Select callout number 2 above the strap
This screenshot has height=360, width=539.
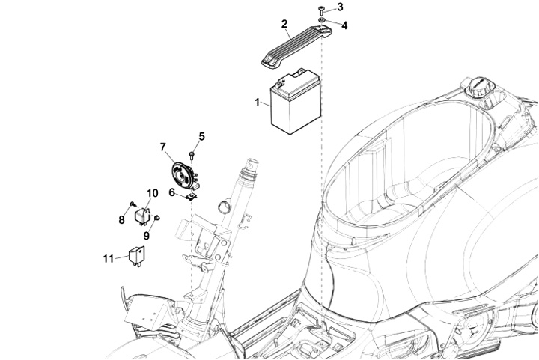[x=284, y=25]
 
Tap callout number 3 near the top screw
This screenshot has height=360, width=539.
[x=340, y=7]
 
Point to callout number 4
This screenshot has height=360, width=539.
[x=344, y=25]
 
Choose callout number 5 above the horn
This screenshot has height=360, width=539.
[x=201, y=136]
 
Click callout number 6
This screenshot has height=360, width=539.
[x=171, y=192]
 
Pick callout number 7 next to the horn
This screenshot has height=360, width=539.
[x=163, y=147]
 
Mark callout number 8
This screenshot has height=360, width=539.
[x=121, y=219]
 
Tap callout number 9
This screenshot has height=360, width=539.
[x=147, y=235]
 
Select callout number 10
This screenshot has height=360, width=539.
[x=152, y=193]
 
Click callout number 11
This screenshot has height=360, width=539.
[x=108, y=258]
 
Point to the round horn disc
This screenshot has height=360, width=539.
[x=182, y=177]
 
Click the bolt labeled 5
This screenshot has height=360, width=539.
[x=192, y=154]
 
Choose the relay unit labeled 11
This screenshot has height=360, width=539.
[x=138, y=254]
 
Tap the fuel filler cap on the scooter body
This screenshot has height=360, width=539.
[x=477, y=88]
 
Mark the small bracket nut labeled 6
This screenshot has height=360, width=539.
[x=191, y=197]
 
